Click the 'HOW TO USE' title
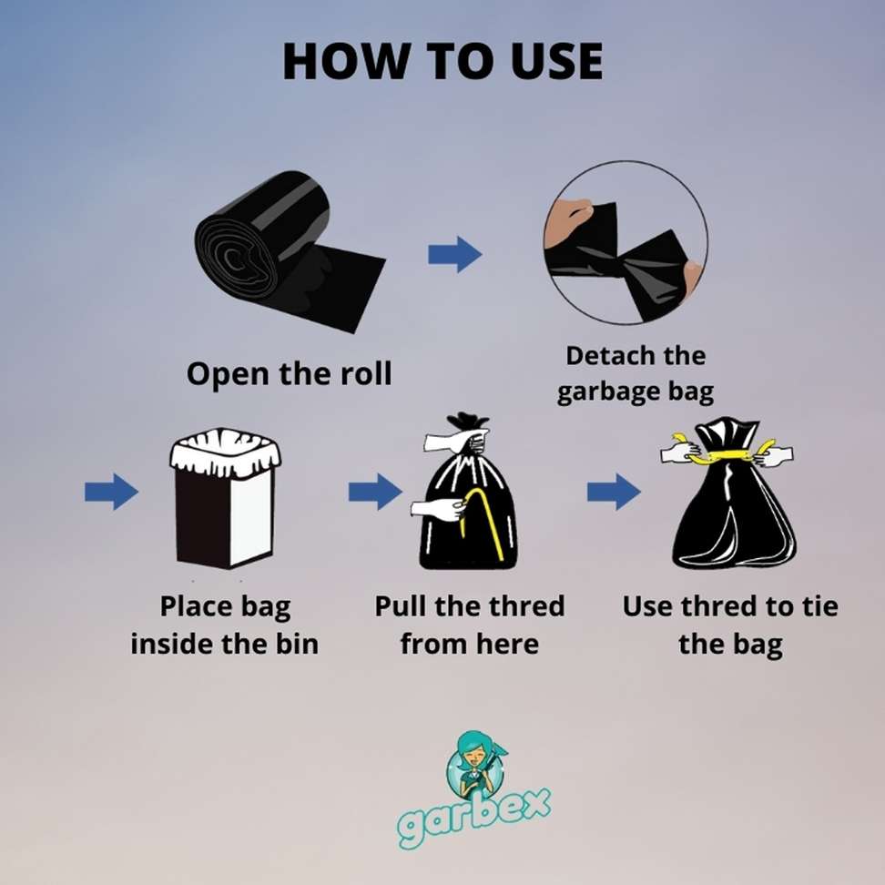point(442,62)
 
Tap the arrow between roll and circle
point(454,254)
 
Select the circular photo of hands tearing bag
point(625,243)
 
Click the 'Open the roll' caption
point(289,373)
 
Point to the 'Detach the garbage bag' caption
point(636,373)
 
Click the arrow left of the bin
point(111,493)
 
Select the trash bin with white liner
point(225,502)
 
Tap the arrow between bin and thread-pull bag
point(374,493)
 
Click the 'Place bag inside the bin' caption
point(224,625)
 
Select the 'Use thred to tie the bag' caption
point(729,625)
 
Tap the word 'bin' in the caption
point(295,644)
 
